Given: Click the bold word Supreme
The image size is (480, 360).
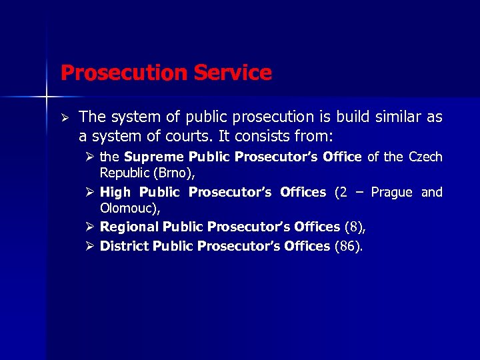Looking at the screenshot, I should click(155, 157).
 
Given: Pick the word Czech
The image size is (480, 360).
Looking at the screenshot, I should click(425, 157).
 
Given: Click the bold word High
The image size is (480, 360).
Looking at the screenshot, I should click(115, 193).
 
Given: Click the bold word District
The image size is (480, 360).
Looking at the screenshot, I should click(125, 246).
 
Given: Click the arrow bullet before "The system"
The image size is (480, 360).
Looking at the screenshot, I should click(65, 118).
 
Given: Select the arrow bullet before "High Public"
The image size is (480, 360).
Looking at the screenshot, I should click(91, 193).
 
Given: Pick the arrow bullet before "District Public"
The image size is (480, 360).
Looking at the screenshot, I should click(91, 246).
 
